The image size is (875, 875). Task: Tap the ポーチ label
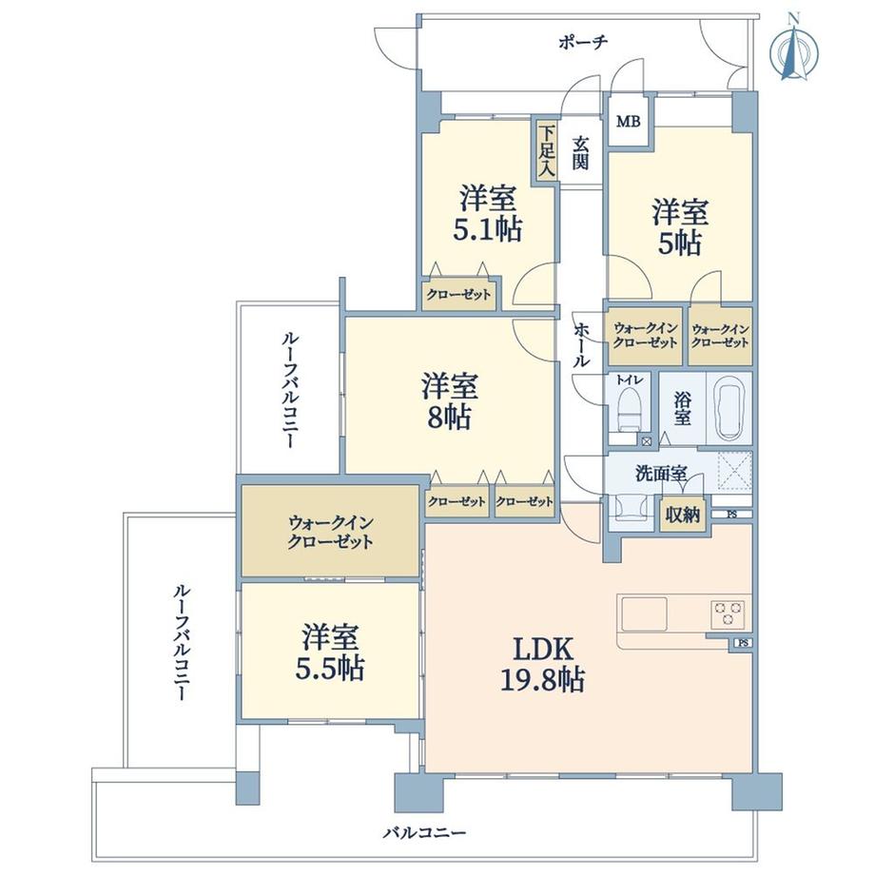[x=582, y=42]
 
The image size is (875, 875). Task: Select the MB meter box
[x=629, y=122]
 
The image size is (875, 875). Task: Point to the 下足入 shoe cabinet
[x=547, y=150]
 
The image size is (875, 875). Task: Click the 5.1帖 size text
[x=489, y=229]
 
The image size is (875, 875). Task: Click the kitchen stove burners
[x=729, y=613]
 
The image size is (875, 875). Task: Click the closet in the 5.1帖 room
[x=458, y=295]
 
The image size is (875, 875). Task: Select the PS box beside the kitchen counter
[x=742, y=644]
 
